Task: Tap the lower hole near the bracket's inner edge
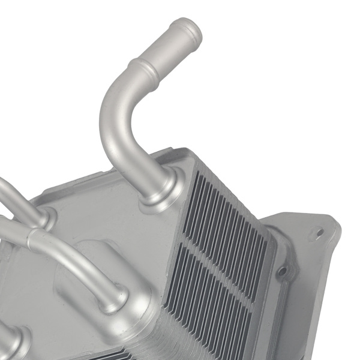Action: [281, 271]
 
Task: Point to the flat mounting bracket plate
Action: [306, 264]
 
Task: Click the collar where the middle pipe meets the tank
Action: [114, 298]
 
